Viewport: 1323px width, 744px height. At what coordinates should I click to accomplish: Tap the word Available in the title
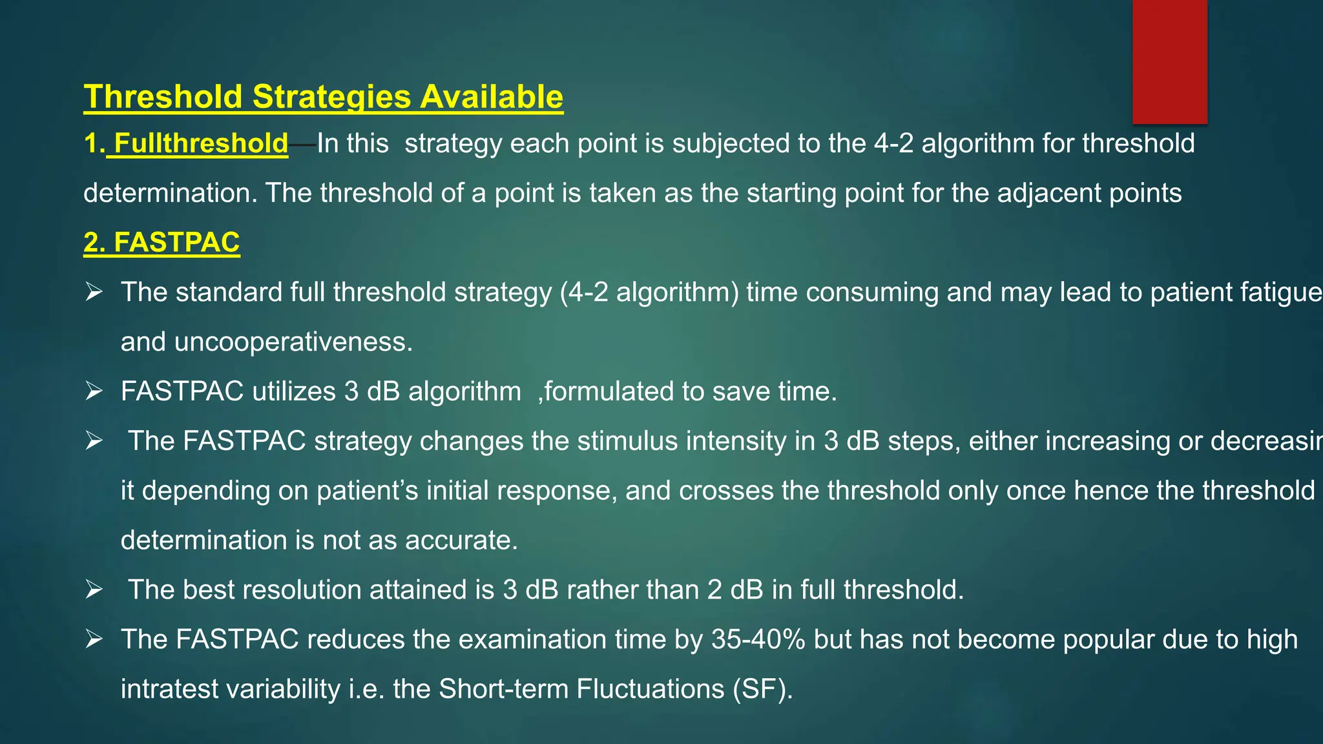492,97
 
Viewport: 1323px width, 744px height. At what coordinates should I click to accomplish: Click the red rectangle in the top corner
1169,61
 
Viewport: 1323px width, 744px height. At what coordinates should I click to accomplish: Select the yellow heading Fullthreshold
200,143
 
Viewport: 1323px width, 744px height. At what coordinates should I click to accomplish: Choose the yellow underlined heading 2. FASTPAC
161,243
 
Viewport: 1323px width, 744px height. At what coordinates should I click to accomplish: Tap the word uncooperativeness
293,342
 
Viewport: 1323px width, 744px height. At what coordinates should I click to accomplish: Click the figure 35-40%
758,639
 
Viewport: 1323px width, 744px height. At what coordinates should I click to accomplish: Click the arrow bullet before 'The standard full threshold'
94,293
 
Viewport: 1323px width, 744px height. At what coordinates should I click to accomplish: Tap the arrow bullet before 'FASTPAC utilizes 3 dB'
94,391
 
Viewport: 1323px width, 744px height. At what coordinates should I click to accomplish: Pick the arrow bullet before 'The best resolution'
94,590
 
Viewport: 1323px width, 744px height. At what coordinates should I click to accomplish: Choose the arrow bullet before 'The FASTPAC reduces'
94,639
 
